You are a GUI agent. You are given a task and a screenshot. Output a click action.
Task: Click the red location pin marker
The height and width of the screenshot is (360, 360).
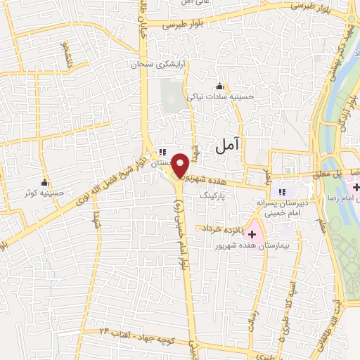pos(181,165)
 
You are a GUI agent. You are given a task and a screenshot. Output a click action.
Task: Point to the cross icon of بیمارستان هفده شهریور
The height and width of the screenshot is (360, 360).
pos(252,232)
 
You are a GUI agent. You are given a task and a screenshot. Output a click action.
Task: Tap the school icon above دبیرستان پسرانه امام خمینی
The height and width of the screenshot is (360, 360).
pos(283,192)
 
